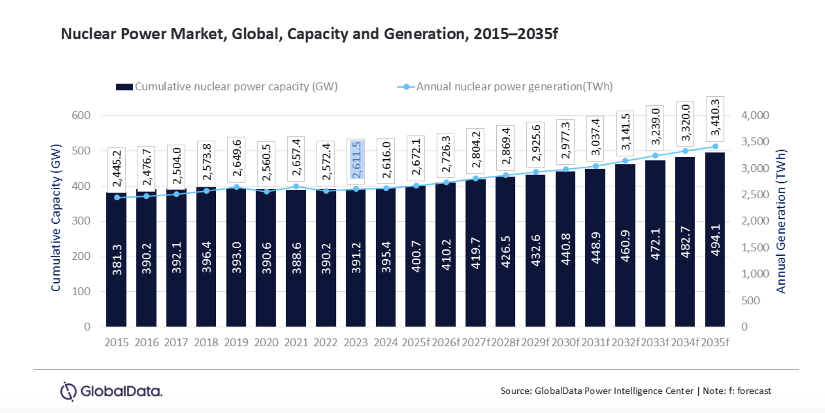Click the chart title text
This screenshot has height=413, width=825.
tap(309, 34)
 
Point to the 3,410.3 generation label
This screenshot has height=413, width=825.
tap(715, 118)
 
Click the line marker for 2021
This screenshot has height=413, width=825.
tap(296, 186)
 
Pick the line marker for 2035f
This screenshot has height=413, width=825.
tap(715, 147)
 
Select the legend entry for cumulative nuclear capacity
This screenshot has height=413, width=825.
tap(227, 87)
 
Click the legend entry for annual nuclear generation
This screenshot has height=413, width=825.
tap(505, 87)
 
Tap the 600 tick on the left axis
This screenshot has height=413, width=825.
tap(81, 115)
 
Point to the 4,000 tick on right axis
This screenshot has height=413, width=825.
tap(755, 115)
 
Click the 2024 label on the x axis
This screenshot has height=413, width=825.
tap(386, 343)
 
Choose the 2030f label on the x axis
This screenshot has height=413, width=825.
tap(565, 343)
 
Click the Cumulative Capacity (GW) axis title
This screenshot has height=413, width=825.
tap(56, 218)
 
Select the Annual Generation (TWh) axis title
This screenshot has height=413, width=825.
tap(781, 221)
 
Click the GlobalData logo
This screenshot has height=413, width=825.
tap(111, 391)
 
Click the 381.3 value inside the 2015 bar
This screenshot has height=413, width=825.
tap(117, 260)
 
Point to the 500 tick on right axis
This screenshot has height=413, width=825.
tap(750, 300)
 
